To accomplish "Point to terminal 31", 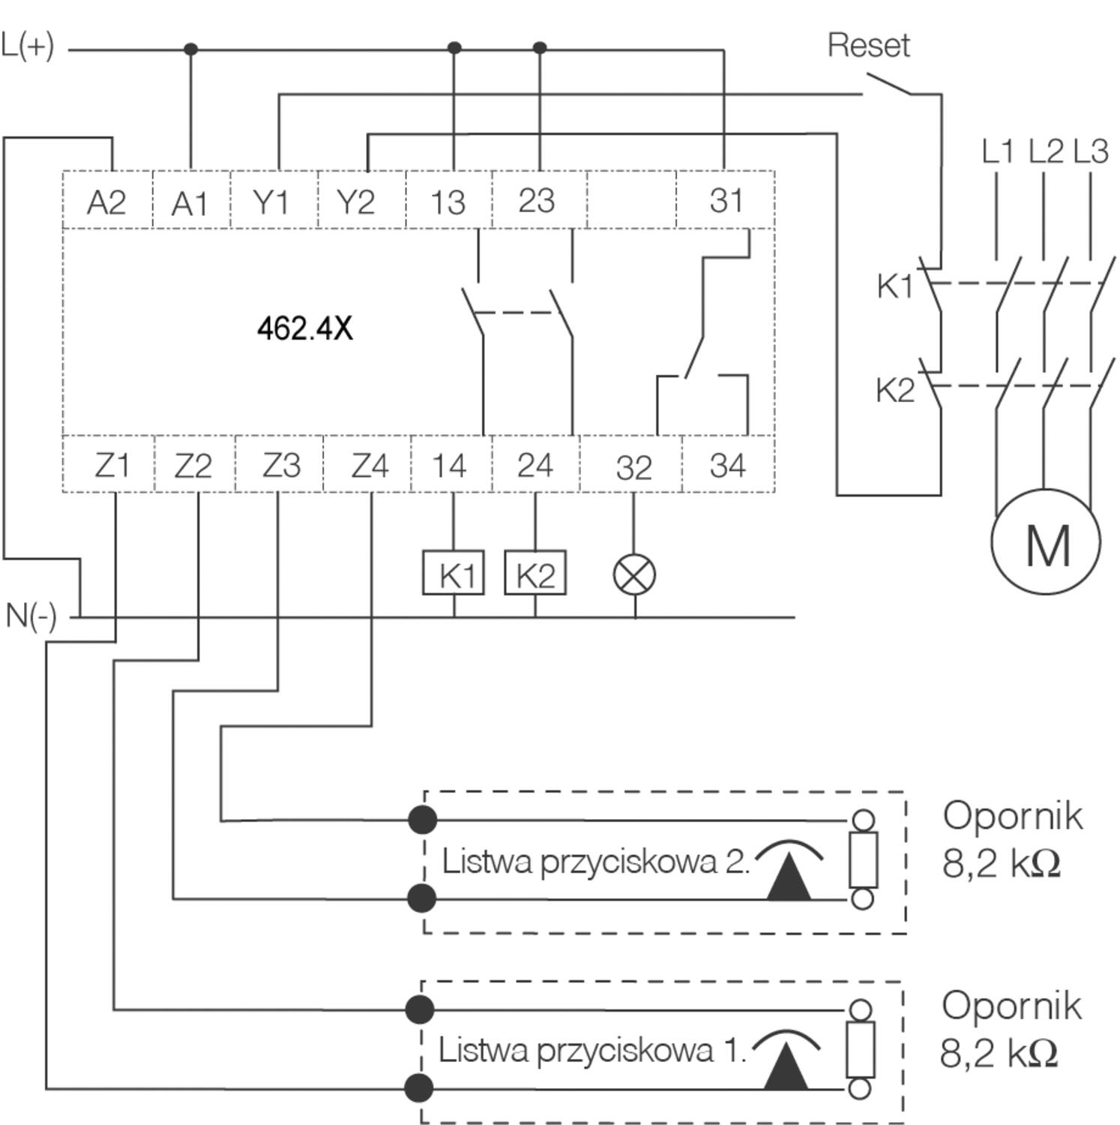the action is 726,200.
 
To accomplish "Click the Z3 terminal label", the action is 281,465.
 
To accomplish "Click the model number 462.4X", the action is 304,328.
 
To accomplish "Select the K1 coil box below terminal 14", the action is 454,573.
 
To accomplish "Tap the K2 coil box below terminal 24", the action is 535,573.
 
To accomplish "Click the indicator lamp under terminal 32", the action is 634,575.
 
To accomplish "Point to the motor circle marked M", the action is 1046,541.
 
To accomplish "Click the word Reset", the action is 868,46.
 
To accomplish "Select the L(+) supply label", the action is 28,46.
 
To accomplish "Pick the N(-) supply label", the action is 31,616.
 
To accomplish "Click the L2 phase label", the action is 1045,151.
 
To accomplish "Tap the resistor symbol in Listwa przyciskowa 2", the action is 863,859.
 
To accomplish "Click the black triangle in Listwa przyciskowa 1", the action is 786,1065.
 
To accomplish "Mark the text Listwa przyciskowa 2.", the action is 596,861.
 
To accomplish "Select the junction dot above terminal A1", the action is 190,49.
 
